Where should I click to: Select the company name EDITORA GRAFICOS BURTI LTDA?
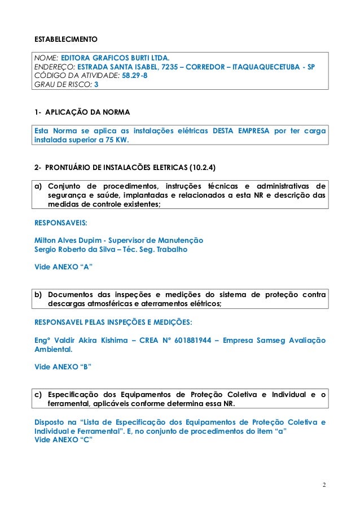(x=115, y=58)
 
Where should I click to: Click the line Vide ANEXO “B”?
(x=64, y=367)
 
